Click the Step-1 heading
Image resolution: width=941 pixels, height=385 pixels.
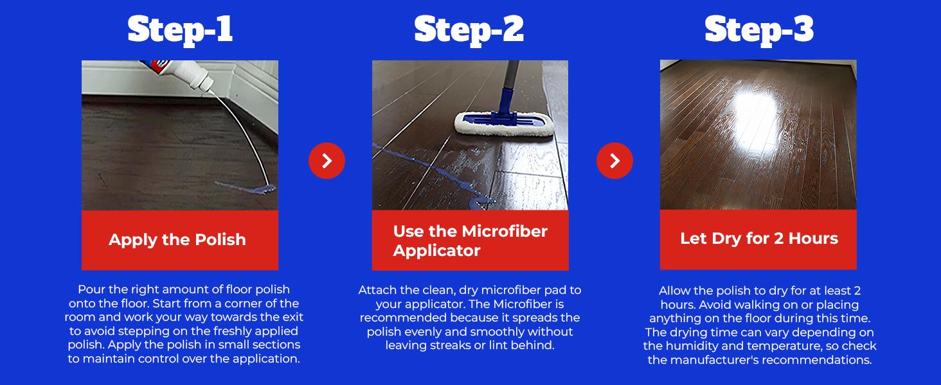tap(180, 30)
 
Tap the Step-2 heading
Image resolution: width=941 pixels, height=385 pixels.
tap(469, 30)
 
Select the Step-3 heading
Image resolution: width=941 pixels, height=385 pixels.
tap(759, 30)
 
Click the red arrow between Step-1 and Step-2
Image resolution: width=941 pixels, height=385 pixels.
tap(327, 160)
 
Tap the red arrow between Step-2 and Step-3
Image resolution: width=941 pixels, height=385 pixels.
tap(614, 160)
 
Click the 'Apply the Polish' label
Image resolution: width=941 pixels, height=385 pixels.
tap(177, 240)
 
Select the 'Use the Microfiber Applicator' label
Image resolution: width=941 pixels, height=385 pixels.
tap(470, 241)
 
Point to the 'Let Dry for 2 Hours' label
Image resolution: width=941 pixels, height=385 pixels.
tap(759, 239)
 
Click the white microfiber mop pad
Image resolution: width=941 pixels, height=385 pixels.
tap(505, 125)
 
